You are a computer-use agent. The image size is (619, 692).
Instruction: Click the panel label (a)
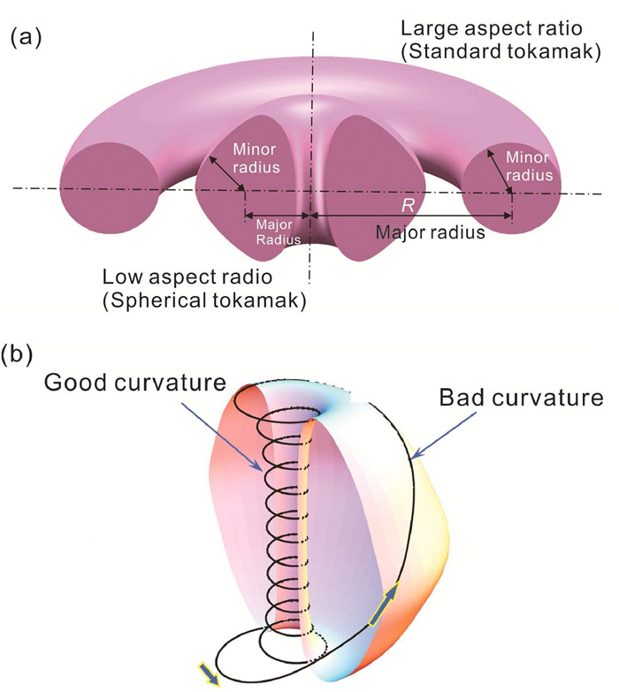pyautogui.click(x=26, y=37)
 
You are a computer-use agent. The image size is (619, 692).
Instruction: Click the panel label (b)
pyautogui.click(x=18, y=354)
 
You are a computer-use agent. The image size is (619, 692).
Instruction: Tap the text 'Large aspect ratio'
pyautogui.click(x=492, y=29)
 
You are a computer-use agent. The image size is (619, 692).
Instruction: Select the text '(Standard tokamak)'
pyautogui.click(x=501, y=51)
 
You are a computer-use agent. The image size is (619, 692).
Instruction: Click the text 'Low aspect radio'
pyautogui.click(x=187, y=278)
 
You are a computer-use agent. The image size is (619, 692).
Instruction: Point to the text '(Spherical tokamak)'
pyautogui.click(x=204, y=301)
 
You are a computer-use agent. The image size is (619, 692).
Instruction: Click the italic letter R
pyautogui.click(x=407, y=206)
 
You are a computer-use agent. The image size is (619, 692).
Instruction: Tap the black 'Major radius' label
pyautogui.click(x=430, y=232)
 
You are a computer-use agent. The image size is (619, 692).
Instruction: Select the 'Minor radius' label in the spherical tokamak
pyautogui.click(x=256, y=158)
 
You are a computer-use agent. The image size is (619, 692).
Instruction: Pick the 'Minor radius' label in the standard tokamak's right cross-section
pyautogui.click(x=529, y=166)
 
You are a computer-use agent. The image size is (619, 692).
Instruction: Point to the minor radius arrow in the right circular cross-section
pyautogui.click(x=500, y=171)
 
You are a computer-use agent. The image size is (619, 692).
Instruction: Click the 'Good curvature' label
pyautogui.click(x=135, y=382)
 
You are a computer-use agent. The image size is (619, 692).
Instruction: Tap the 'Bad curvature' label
pyautogui.click(x=521, y=398)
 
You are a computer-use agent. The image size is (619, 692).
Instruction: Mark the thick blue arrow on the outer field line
pyautogui.click(x=385, y=604)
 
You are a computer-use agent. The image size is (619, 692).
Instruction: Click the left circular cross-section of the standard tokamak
pyautogui.click(x=109, y=188)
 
